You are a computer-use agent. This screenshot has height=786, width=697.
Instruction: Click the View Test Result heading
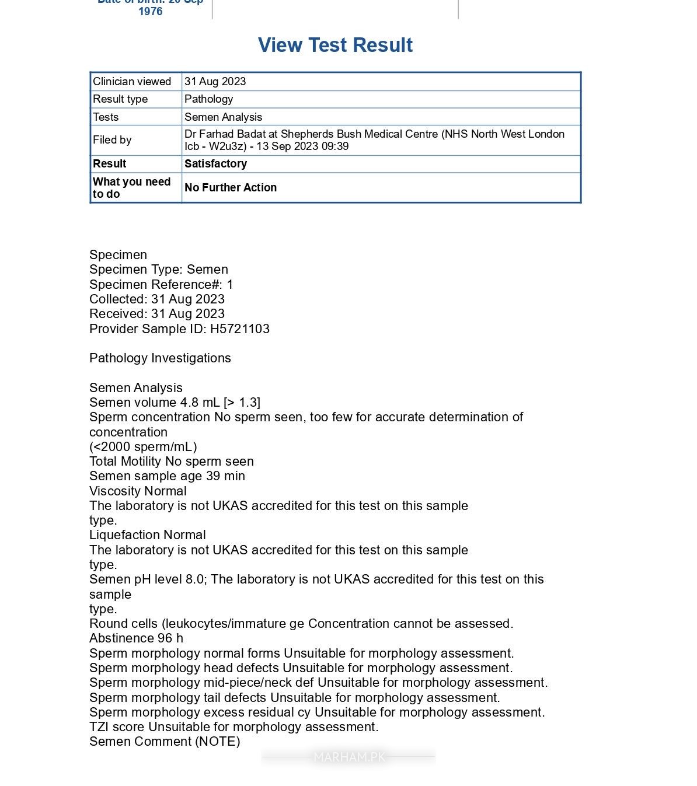pyautogui.click(x=335, y=45)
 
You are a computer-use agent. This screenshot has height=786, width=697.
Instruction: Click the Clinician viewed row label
pyautogui.click(x=132, y=82)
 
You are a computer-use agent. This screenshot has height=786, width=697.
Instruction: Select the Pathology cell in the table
pyautogui.click(x=208, y=99)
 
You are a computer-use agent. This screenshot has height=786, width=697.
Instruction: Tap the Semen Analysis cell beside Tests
pyautogui.click(x=223, y=117)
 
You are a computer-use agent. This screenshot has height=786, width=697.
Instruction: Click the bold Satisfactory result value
pyautogui.click(x=215, y=164)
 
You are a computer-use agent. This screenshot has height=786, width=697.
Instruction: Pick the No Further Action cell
pyautogui.click(x=231, y=187)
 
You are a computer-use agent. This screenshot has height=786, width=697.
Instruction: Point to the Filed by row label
pyautogui.click(x=112, y=140)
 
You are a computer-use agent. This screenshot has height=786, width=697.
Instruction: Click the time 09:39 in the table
pyautogui.click(x=335, y=146)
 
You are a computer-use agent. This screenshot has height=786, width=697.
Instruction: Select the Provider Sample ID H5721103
pyautogui.click(x=240, y=329)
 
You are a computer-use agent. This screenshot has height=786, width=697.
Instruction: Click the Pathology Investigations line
pyautogui.click(x=160, y=358)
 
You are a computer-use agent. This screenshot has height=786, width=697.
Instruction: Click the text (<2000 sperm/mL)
pyautogui.click(x=143, y=447)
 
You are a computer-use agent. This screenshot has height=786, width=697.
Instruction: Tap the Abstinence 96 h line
pyautogui.click(x=136, y=638)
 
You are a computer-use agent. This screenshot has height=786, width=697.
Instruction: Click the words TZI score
pyautogui.click(x=117, y=727)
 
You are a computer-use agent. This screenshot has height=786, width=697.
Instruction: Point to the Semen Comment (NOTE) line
pyautogui.click(x=165, y=742)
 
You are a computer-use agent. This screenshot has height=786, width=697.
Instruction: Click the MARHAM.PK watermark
pyautogui.click(x=349, y=757)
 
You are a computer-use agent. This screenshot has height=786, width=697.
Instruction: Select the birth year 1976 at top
pyautogui.click(x=150, y=12)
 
